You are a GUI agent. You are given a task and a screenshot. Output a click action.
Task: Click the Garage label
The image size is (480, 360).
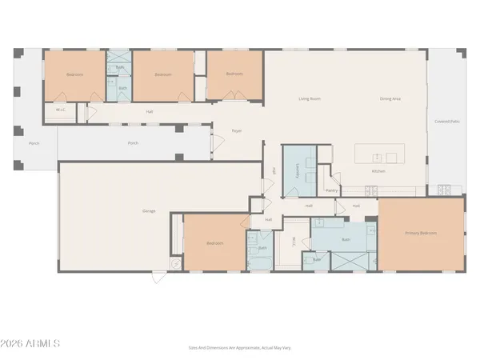tap(149, 211)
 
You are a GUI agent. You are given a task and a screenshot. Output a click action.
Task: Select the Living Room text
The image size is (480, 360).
tap(310, 99)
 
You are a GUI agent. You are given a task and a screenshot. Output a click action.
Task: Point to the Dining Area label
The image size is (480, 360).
tap(390, 99)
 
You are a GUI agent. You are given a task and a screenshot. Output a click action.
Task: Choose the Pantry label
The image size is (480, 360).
tap(332, 190)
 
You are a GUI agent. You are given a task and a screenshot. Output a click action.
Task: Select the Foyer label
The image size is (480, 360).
tap(237, 130)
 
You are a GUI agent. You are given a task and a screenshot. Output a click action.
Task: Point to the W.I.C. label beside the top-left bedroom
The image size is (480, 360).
tap(60, 110)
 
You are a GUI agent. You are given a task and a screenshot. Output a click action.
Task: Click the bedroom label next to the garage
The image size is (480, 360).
tap(214, 242)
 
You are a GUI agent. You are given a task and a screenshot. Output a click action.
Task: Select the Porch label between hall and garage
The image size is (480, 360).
tap(134, 144)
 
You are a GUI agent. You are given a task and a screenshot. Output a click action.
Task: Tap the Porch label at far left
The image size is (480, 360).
tap(34, 144)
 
